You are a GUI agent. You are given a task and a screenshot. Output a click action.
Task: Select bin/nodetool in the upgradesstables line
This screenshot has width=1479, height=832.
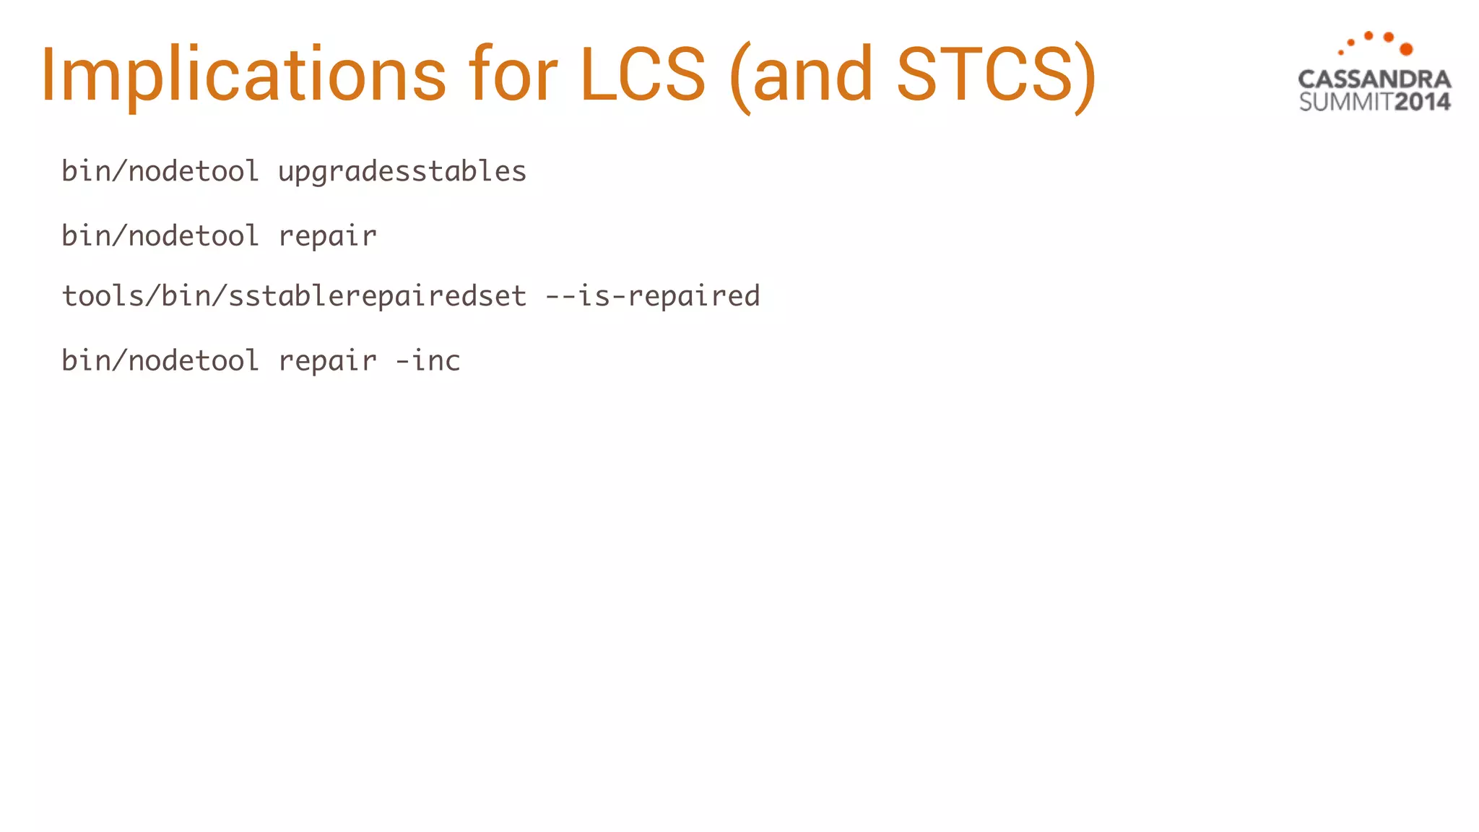click(x=160, y=172)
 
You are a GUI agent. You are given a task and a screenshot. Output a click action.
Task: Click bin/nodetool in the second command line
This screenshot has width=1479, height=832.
click(x=160, y=236)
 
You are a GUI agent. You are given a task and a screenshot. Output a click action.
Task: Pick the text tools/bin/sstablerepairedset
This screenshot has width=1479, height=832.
click(x=294, y=296)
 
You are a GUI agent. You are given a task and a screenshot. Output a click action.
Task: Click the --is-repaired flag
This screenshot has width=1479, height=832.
click(x=652, y=297)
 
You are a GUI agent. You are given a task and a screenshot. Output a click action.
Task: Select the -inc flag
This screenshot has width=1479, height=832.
click(x=428, y=360)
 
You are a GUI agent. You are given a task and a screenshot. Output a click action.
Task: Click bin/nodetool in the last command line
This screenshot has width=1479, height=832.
click(x=160, y=360)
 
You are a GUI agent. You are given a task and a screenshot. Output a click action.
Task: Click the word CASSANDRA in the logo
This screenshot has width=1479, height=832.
click(x=1374, y=79)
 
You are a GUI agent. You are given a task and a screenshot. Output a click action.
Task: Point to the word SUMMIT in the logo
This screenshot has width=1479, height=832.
click(x=1345, y=102)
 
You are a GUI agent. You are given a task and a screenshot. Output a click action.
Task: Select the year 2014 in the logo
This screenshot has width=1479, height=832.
click(x=1422, y=102)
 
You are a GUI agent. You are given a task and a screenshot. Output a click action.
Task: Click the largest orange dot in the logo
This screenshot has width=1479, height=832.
click(x=1406, y=49)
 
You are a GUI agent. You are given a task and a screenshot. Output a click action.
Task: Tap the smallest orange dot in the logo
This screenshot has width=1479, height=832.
click(x=1340, y=52)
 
